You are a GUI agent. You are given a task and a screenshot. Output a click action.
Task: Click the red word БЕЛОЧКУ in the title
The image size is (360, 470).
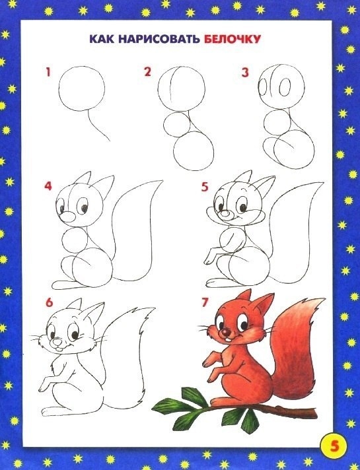click(233, 39)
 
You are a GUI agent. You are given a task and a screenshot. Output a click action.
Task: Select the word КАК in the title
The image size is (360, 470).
click(102, 39)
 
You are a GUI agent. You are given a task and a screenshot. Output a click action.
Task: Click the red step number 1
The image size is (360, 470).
click(48, 72)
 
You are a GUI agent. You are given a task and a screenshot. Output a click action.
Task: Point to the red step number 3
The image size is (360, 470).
click(246, 73)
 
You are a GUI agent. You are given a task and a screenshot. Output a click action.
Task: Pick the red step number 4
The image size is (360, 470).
click(48, 186)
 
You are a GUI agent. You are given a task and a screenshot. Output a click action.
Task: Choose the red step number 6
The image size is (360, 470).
click(49, 302)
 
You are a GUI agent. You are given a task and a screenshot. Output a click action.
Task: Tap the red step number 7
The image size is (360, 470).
click(205, 302)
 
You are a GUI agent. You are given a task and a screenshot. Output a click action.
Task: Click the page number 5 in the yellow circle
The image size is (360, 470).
click(334, 446)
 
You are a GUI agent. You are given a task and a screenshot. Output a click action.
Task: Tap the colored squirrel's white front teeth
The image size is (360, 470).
click(229, 341)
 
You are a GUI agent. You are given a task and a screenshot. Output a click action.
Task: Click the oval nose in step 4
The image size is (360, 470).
click(68, 217)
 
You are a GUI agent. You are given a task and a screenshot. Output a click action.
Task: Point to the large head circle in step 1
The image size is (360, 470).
click(59, 88)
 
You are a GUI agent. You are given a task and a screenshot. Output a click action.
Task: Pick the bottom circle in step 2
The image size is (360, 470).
click(174, 151)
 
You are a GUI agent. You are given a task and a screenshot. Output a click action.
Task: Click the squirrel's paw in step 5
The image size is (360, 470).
click(209, 258)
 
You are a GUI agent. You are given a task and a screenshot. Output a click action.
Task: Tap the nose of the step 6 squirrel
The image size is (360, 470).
click(57, 342)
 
